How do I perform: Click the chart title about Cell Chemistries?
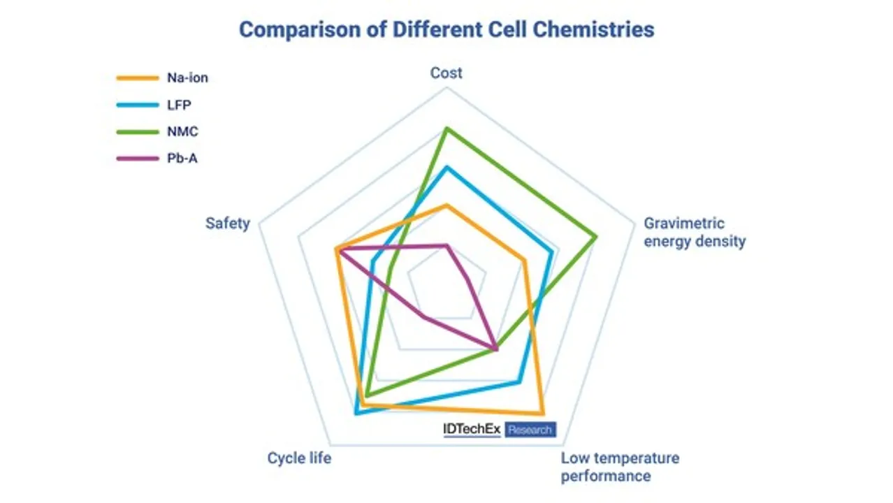coord(446,30)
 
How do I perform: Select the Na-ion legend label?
coord(187,78)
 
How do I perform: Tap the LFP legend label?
coord(180,104)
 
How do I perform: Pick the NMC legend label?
coord(182,131)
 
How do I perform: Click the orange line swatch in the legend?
coord(137,78)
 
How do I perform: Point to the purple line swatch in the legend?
coord(137,158)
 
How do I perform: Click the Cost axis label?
coord(446,73)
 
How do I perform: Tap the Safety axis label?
coord(227,224)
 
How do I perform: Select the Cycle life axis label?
coord(299,458)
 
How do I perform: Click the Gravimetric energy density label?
coord(695,232)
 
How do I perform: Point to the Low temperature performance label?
coord(620,467)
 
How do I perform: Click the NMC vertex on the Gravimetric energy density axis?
coord(596,238)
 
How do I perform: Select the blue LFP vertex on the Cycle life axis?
coord(357,414)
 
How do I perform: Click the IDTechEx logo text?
coord(472,430)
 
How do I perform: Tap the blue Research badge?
coord(530,430)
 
